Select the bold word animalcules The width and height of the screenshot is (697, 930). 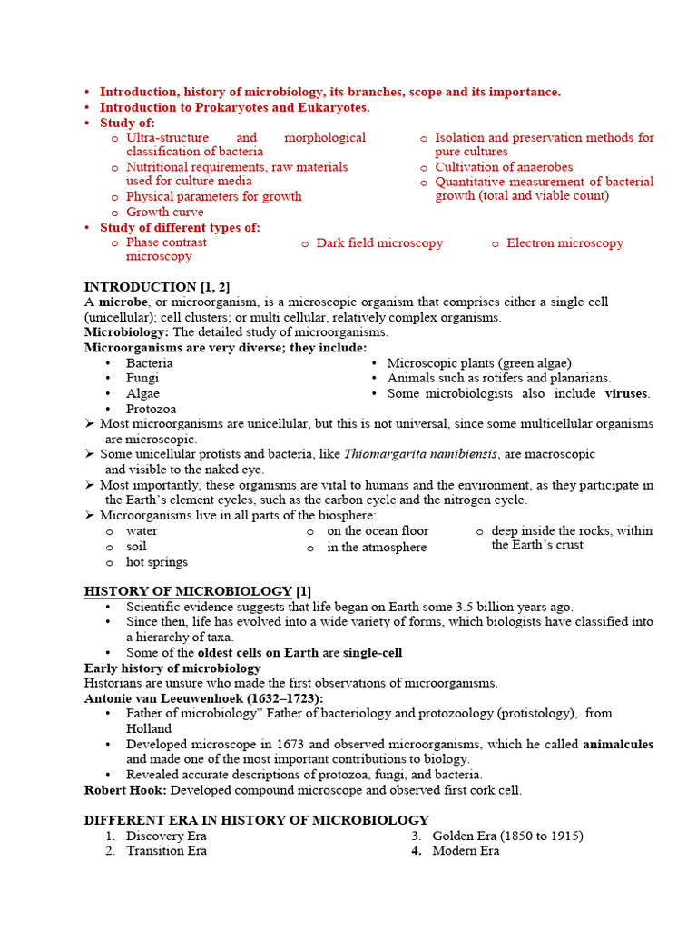coord(617,744)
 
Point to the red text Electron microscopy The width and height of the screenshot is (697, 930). coord(564,242)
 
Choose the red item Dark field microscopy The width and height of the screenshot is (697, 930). coord(379,242)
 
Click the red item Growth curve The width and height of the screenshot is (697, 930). coord(164,212)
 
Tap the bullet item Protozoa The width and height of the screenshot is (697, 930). coord(151,409)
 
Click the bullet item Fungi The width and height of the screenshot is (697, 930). coord(142,378)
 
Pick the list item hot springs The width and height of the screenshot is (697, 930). coord(157,562)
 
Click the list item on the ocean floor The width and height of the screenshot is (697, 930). coord(378,530)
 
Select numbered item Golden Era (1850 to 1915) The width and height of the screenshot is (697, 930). coord(507,836)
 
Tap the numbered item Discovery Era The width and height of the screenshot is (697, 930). coord(166,836)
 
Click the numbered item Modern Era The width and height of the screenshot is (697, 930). coord(466,851)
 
